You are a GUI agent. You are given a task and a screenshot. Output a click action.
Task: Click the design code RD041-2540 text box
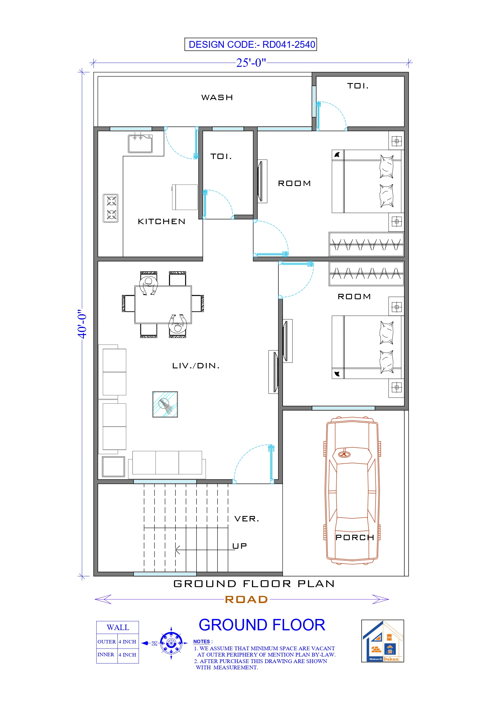coord(250,44)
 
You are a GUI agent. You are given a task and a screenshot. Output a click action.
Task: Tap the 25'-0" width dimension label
coord(250,63)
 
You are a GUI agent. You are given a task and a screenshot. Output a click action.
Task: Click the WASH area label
coord(217,98)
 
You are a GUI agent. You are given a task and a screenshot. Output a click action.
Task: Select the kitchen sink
coord(140,144)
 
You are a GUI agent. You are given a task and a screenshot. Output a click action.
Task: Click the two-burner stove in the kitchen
coord(111,208)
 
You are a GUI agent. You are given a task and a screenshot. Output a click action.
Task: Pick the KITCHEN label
coord(161,221)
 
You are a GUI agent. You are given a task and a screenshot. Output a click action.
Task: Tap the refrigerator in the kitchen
coord(185,197)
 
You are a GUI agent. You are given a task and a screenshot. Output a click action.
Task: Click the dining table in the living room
coord(163,304)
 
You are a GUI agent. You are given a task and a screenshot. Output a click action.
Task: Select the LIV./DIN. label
coord(196,366)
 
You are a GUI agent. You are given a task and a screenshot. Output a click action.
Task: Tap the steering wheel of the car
coord(344,455)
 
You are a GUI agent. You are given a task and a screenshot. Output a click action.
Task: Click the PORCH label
coord(355,538)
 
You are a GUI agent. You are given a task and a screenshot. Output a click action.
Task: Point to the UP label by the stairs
coord(239,546)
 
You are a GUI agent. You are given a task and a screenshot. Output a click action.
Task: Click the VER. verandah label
coord(247,519)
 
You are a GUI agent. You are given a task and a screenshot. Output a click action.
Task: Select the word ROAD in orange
coord(246,599)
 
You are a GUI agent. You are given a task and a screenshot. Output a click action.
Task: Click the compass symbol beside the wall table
coord(171,643)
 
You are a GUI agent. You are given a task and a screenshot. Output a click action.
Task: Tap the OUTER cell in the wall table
coord(106,642)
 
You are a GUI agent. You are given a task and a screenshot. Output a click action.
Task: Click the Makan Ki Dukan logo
coord(382,641)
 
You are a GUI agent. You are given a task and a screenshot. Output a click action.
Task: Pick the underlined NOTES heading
coord(201,641)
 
